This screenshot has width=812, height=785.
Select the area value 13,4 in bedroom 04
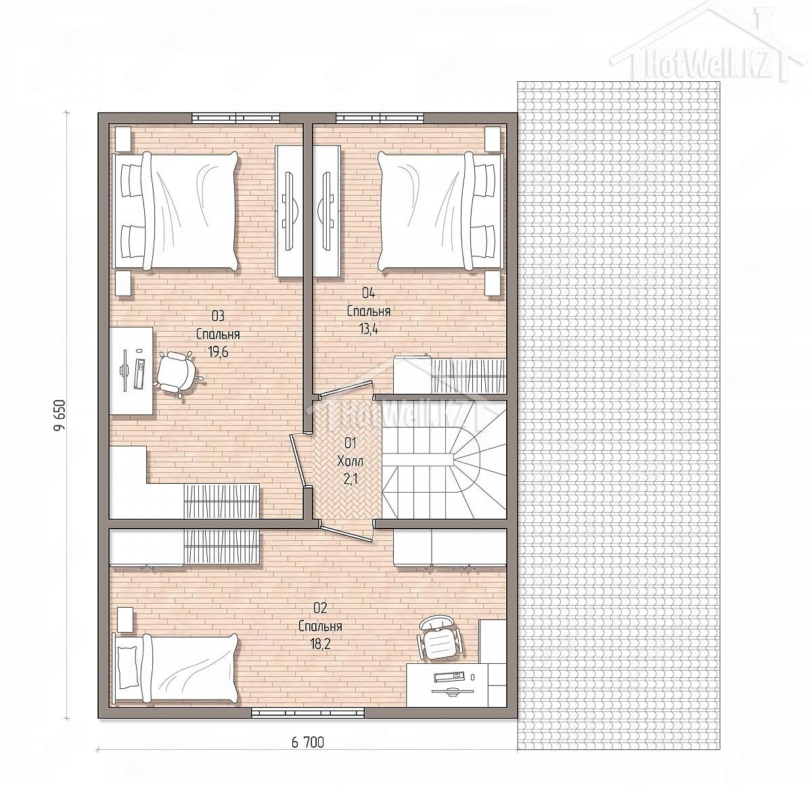[x=369, y=330]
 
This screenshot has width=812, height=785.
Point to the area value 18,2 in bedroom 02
[x=320, y=644]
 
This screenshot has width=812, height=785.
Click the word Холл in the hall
[x=350, y=462]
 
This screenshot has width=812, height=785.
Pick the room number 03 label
[x=218, y=316]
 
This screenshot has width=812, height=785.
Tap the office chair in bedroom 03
[x=179, y=372]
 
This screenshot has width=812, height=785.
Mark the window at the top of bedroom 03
[x=235, y=118]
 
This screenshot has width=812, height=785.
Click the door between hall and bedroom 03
[x=300, y=460]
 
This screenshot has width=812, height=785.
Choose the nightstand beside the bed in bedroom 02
[x=125, y=620]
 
